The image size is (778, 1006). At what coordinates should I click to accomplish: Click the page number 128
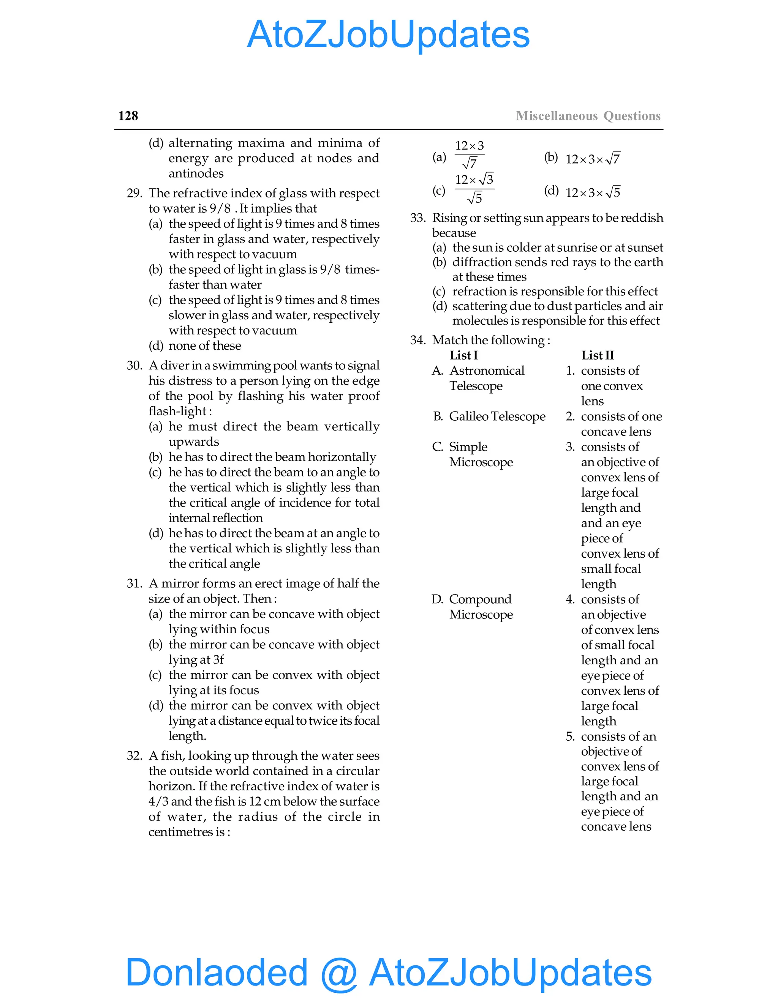pyautogui.click(x=128, y=116)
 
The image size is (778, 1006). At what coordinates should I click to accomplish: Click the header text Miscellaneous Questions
pyautogui.click(x=588, y=116)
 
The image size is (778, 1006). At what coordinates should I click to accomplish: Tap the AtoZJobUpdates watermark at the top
pyautogui.click(x=388, y=34)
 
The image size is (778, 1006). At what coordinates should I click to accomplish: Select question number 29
pyautogui.click(x=134, y=194)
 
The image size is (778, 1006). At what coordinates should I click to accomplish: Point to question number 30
pyautogui.click(x=134, y=366)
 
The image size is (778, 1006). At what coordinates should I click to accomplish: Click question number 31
pyautogui.click(x=134, y=583)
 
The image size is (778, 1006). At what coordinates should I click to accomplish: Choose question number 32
pyautogui.click(x=134, y=756)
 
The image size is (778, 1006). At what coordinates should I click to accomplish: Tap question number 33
pyautogui.click(x=417, y=218)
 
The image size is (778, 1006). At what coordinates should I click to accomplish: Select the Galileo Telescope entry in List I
pyautogui.click(x=497, y=416)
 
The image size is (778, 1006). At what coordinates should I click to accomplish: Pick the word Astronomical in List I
pyautogui.click(x=487, y=371)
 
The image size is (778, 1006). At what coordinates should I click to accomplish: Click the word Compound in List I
pyautogui.click(x=480, y=599)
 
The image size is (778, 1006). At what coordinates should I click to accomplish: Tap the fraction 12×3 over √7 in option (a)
pyautogui.click(x=469, y=155)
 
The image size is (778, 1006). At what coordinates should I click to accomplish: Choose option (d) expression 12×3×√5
pyautogui.click(x=593, y=192)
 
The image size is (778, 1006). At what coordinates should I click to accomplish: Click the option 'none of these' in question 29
pyautogui.click(x=205, y=346)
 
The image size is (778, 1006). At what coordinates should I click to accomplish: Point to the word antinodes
pyautogui.click(x=196, y=173)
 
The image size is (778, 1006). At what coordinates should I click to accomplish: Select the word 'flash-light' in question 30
pyautogui.click(x=177, y=412)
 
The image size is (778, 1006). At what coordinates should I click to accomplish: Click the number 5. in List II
pyautogui.click(x=570, y=736)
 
